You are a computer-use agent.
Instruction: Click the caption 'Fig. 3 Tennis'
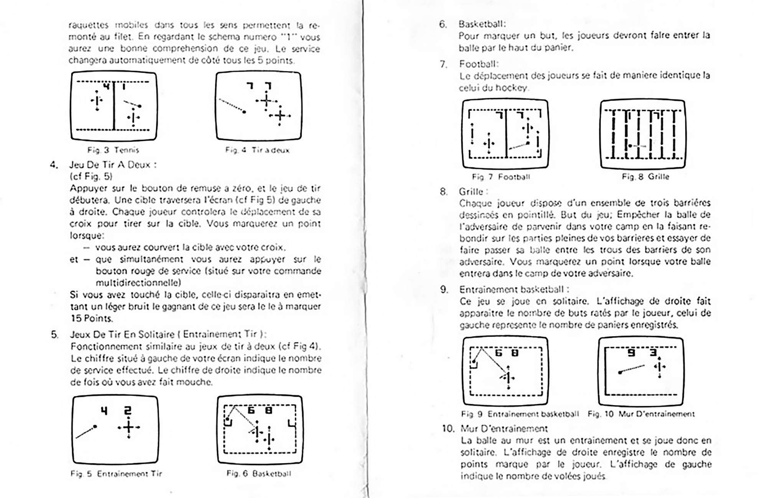(113, 150)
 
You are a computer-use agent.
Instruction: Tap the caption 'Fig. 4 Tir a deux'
(257, 150)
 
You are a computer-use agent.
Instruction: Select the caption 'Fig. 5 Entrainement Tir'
(116, 474)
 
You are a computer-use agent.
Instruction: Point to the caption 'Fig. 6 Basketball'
(259, 474)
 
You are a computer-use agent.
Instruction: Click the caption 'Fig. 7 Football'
(501, 177)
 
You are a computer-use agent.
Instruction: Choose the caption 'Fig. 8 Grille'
(645, 177)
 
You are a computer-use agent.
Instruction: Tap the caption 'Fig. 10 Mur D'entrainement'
(641, 414)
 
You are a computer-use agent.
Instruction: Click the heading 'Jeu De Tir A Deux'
(113, 165)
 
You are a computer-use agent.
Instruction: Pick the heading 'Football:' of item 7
(479, 64)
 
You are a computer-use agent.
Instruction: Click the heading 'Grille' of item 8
(473, 191)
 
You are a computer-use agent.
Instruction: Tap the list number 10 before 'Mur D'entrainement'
(448, 428)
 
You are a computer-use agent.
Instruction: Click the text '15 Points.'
(92, 318)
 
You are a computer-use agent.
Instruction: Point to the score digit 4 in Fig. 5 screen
(104, 411)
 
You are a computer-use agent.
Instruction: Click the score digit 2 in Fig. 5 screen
(128, 411)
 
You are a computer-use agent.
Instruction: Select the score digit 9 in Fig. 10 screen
(631, 353)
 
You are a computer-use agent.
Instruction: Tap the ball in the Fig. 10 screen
(620, 372)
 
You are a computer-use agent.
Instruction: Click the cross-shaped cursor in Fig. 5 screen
(129, 427)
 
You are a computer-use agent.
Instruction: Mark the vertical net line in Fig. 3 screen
(114, 105)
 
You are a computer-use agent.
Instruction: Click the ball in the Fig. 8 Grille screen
(630, 146)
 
